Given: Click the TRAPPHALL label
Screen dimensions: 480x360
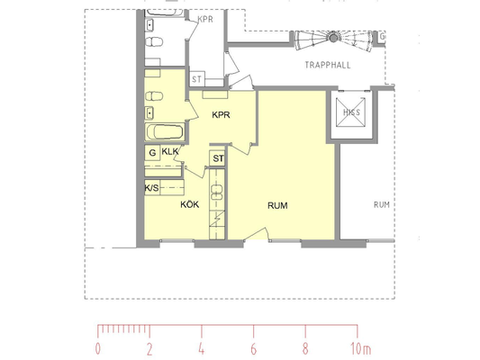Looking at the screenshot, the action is coord(328,65).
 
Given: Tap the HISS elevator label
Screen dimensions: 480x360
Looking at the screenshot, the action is coord(351,112).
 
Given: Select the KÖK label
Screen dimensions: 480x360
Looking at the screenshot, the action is coord(190,204).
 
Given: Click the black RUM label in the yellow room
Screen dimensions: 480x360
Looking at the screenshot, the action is coord(277,205).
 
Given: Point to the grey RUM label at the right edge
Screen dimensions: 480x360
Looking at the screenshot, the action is coord(382,204).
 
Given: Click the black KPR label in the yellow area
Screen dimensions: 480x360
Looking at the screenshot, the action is coord(221,114).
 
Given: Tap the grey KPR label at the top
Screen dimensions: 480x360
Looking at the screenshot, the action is coord(205,20).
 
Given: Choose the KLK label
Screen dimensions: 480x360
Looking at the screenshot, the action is coord(170,151).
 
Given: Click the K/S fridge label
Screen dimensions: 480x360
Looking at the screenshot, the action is coord(152,188).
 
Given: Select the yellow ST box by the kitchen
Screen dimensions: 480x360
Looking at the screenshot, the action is coord(217,158).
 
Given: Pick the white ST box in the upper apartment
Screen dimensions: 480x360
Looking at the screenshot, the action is coord(197,79).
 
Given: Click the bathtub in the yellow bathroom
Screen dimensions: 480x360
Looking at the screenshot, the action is coord(165,131).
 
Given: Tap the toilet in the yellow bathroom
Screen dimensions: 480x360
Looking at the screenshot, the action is coord(154,96).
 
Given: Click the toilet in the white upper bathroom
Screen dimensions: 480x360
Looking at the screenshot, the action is coord(154,42).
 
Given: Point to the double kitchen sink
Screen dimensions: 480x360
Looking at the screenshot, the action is coord(217,192).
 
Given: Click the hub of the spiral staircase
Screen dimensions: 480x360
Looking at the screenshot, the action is coord(333,38).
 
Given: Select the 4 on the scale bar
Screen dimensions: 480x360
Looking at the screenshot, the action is coord(201,348).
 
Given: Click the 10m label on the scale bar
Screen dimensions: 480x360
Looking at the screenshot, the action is coord(361,348).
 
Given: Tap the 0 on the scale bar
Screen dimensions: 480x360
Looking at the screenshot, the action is coord(97,348).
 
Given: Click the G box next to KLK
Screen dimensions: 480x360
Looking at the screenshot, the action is coord(152,152).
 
